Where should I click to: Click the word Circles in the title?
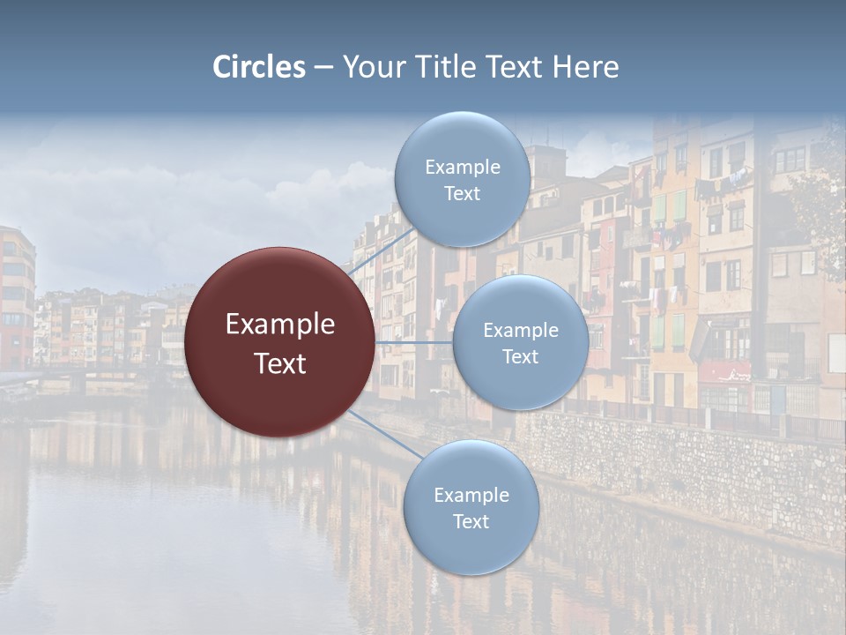[259, 67]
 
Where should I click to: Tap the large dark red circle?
[280, 342]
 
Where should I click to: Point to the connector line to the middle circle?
[414, 341]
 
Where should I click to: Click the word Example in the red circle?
[280, 325]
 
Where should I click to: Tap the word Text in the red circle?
[280, 363]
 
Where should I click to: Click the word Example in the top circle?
[462, 168]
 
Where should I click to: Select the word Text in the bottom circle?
[471, 521]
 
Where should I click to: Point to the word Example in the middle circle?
[520, 331]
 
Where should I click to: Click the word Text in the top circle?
[462, 193]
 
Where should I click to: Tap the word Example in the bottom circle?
[471, 495]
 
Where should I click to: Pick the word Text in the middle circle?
[520, 356]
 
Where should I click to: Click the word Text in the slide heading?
[518, 67]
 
